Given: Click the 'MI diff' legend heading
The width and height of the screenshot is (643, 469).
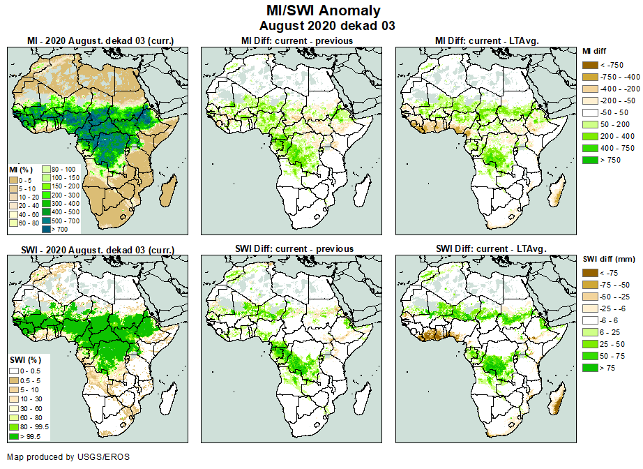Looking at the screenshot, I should pyautogui.click(x=595, y=51).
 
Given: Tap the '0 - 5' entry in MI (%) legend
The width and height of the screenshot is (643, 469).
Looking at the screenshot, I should pyautogui.click(x=14, y=179).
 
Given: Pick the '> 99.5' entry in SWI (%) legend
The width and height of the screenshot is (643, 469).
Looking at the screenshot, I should pyautogui.click(x=14, y=436).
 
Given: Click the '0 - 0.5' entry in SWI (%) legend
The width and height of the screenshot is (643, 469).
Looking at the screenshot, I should pyautogui.click(x=14, y=370).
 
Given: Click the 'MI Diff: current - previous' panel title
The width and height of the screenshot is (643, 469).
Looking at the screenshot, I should pyautogui.click(x=296, y=40).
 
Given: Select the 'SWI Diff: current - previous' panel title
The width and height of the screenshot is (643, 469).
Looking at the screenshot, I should pyautogui.click(x=296, y=248).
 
